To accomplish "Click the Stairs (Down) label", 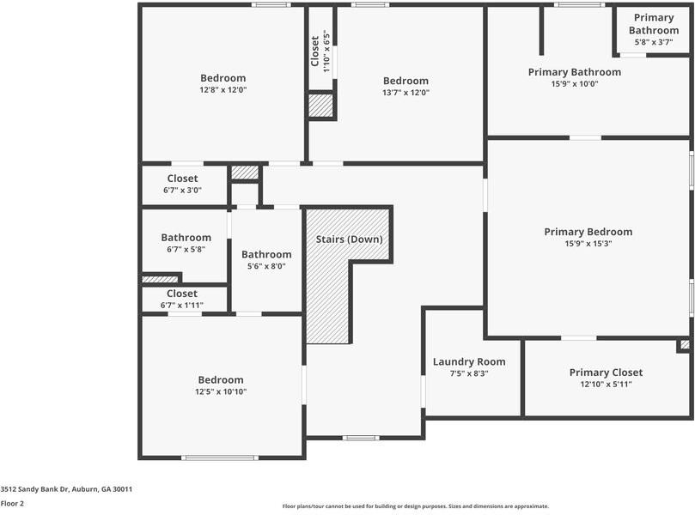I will (349, 239).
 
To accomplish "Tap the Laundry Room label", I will (469, 361).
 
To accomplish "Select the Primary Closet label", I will (606, 373).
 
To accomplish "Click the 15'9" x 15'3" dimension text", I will (588, 244).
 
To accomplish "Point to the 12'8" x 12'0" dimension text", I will (223, 90).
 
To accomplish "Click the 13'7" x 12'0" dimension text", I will (405, 93).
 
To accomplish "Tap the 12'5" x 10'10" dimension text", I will (221, 392).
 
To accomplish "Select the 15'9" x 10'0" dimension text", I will (574, 84).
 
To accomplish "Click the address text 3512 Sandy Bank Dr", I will (66, 488).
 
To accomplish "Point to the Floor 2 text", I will (12, 504).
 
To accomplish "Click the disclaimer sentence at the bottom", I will (415, 506).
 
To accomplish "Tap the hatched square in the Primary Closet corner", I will (685, 345).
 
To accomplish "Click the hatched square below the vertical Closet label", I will (320, 106).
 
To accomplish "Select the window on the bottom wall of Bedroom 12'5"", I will (220, 457).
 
